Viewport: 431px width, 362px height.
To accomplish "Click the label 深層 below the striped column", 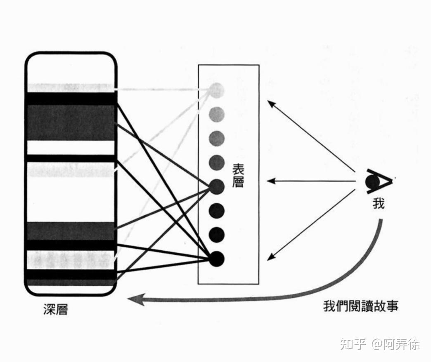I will coord(55,310).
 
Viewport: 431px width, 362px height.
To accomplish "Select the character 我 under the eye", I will coord(378,203).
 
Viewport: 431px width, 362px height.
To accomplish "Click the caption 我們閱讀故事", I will coord(360,306).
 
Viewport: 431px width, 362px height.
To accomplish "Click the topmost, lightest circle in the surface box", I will coord(217,90).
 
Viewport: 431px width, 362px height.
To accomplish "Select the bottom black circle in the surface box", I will coord(217,259).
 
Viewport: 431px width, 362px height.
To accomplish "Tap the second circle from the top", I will coord(217,113).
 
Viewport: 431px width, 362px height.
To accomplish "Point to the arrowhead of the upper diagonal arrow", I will coord(271,103).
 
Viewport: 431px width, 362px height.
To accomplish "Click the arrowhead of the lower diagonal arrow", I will coord(271,257).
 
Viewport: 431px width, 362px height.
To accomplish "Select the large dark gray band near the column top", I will coord(71,122).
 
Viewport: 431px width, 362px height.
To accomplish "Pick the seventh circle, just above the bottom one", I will coord(217,235).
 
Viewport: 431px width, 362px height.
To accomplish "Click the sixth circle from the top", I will coord(217,211).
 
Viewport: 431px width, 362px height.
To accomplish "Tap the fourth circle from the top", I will coord(217,162).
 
